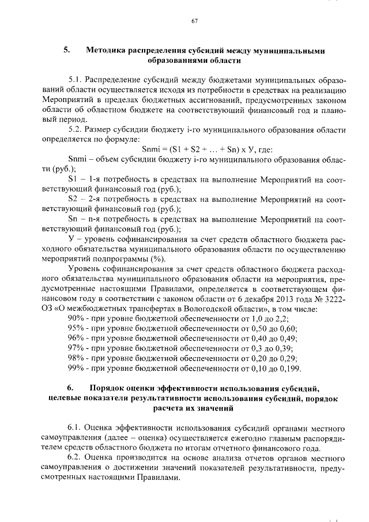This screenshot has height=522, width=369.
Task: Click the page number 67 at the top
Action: click(194, 21)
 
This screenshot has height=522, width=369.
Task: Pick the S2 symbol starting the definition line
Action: click(72, 199)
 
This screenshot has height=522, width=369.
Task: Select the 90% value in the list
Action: click(76, 319)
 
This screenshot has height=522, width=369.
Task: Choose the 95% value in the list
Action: click(76, 329)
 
